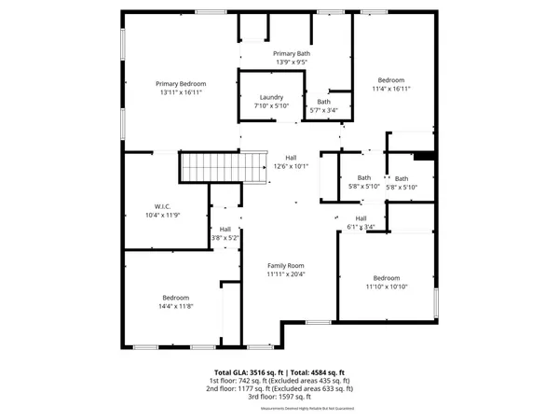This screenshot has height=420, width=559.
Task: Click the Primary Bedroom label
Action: (x=181, y=84)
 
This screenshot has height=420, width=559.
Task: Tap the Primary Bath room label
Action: (x=291, y=54)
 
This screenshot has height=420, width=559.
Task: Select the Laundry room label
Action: (x=271, y=97)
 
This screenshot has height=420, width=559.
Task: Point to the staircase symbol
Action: (x=209, y=169)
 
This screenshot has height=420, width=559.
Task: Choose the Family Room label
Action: (x=285, y=265)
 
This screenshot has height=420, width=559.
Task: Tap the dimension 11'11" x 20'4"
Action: (x=285, y=274)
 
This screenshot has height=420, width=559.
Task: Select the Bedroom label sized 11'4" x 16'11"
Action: (x=390, y=80)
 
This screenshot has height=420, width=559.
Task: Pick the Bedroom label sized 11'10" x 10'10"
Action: (x=386, y=278)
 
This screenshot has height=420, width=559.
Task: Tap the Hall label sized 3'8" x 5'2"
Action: (x=225, y=229)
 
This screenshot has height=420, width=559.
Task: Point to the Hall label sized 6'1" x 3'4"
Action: (x=361, y=217)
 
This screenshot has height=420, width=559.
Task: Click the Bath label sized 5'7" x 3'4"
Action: (x=323, y=102)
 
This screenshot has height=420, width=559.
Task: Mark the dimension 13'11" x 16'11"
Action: (x=181, y=93)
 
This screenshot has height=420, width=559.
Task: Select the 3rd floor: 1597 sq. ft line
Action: (x=279, y=397)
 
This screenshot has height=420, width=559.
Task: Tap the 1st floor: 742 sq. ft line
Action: (x=279, y=381)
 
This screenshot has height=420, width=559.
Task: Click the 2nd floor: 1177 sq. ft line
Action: (x=279, y=388)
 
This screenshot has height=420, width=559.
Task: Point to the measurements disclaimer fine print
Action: (x=279, y=408)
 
